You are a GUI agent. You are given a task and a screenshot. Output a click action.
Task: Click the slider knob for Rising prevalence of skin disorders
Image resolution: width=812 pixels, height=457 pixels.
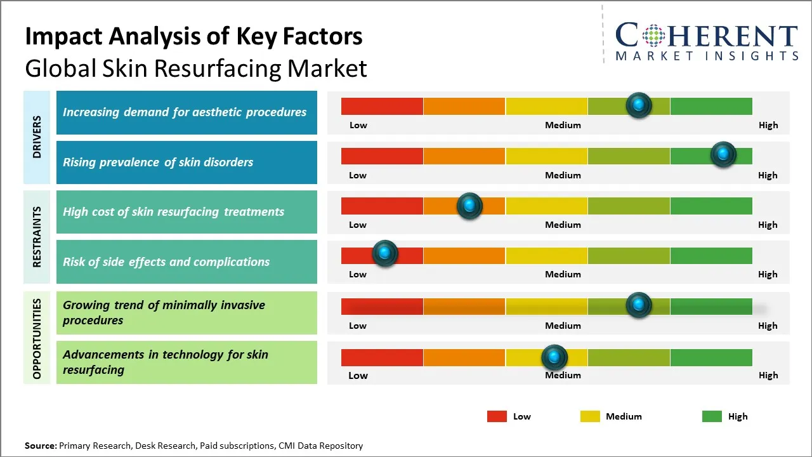pos(723,154)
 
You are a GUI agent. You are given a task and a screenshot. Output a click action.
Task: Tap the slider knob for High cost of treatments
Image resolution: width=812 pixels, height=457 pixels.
pos(469,206)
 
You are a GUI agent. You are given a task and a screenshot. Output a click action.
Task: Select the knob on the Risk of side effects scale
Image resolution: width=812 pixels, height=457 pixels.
pos(384,253)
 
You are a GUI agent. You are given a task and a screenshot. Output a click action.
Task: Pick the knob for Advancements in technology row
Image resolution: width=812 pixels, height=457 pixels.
pos(554,358)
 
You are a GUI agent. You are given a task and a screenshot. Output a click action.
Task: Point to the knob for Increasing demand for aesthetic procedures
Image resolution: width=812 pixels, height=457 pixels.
pos(639,105)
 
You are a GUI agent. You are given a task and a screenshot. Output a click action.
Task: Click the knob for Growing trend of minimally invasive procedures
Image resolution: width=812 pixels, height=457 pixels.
pos(639,305)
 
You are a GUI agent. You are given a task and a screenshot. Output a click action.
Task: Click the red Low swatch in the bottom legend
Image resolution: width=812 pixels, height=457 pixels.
pos(497,416)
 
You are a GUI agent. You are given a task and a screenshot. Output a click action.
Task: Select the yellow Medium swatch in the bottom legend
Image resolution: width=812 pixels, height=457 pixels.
pos(590,416)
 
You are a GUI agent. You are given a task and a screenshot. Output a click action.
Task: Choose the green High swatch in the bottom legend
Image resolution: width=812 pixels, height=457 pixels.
pos(712,416)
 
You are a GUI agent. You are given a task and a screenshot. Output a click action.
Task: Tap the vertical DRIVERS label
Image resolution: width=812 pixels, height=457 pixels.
pos(37,137)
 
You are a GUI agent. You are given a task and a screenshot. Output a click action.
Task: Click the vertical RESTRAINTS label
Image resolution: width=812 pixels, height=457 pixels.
pos(37,237)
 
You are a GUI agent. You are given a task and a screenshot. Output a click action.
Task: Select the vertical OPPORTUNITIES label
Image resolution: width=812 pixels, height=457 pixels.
pos(37,338)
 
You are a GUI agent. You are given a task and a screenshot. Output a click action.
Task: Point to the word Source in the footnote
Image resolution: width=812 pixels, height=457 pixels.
pos(41,446)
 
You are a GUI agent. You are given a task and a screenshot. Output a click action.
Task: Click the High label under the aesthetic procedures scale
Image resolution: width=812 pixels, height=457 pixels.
pos(768,125)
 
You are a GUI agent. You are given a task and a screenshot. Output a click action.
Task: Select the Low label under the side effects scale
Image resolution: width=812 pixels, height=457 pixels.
pos(358,274)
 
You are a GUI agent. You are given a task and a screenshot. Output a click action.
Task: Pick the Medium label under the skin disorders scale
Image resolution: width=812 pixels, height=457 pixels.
pos(563,175)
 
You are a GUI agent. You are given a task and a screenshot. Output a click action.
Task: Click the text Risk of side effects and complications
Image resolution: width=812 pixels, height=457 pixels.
pos(166,262)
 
